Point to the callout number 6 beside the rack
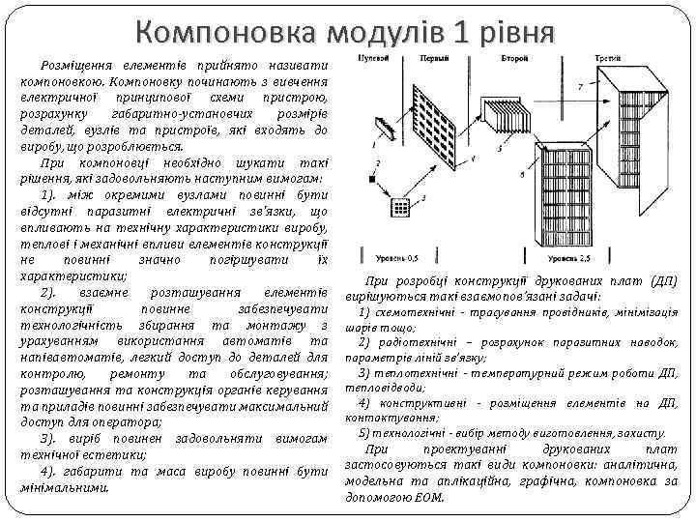[523, 176]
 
